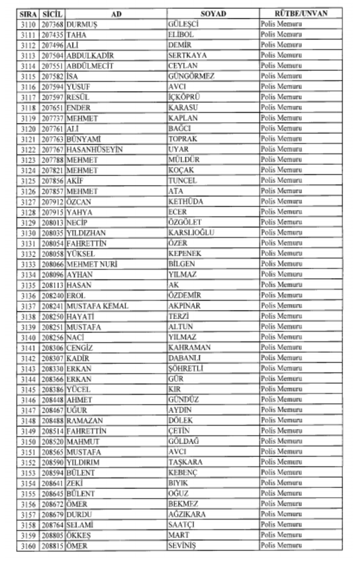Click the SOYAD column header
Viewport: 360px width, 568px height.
213,14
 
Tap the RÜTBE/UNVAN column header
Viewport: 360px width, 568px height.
301,14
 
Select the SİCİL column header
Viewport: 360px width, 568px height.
52,14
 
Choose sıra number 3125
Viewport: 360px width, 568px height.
28,181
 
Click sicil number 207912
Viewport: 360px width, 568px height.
52,201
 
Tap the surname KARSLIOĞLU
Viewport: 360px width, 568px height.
191,233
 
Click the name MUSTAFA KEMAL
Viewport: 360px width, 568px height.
97,306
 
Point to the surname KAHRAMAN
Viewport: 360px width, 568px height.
189,347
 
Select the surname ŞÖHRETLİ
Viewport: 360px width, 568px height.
185,368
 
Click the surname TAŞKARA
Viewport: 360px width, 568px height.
185,462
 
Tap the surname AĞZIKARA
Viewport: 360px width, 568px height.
186,514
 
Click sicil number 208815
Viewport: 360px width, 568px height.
52,545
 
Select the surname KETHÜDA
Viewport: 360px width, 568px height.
185,201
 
